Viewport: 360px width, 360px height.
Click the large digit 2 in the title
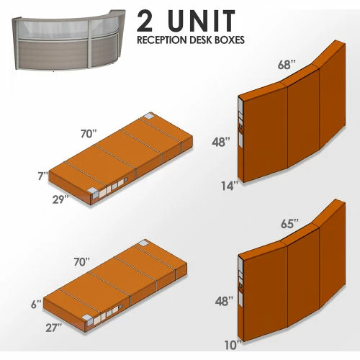click(x=145, y=21)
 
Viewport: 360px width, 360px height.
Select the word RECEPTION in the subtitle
click(x=162, y=40)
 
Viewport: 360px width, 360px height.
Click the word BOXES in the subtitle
click(x=229, y=40)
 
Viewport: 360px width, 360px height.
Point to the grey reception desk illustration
click(x=68, y=40)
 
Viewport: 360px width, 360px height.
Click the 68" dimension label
click(x=287, y=65)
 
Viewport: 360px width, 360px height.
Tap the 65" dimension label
click(x=289, y=224)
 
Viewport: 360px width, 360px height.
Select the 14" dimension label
click(x=230, y=186)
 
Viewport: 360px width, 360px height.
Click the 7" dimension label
click(x=43, y=176)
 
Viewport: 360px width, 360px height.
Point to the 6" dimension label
click(x=37, y=305)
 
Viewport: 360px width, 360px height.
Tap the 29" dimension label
click(x=60, y=199)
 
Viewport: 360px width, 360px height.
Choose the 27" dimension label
click(x=54, y=328)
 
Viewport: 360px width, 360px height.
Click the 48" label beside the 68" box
click(x=221, y=142)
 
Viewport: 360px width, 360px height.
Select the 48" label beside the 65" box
click(x=224, y=301)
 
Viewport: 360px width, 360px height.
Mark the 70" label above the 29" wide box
click(x=89, y=134)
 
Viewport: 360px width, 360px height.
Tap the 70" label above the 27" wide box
click(x=82, y=262)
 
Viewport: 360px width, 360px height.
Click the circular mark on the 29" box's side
click(x=126, y=180)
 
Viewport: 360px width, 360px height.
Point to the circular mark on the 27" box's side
click(x=120, y=307)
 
